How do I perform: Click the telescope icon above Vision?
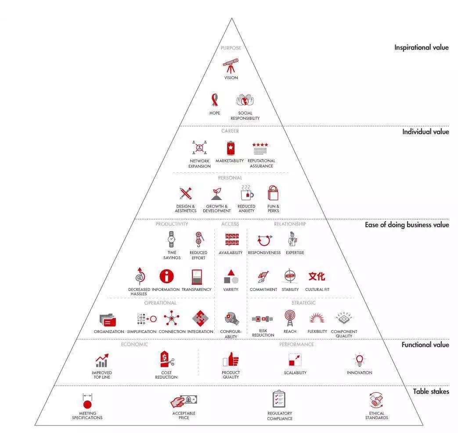coord(231,66)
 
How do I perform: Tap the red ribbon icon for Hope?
coord(215,100)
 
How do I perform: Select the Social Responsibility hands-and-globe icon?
coord(245,100)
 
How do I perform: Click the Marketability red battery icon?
coord(231,148)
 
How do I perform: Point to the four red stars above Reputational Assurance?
coord(260,145)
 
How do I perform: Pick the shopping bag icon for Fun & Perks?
coord(273,193)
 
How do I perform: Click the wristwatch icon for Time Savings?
coord(171,239)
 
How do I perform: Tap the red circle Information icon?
coord(167,276)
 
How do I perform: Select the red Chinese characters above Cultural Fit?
coord(317,276)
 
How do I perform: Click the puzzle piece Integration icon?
coord(200,318)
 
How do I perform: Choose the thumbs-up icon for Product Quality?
coord(231,359)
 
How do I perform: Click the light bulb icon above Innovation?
coord(360,360)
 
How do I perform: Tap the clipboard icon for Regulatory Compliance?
coord(279,399)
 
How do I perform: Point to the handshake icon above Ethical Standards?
coord(376,400)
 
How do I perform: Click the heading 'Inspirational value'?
coord(422,47)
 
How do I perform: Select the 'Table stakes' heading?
coord(431,392)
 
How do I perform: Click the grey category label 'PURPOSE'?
coord(231,48)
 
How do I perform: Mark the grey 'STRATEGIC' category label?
coord(303,303)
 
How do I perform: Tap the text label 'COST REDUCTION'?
coord(166,375)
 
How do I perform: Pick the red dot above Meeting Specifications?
coord(87,404)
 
